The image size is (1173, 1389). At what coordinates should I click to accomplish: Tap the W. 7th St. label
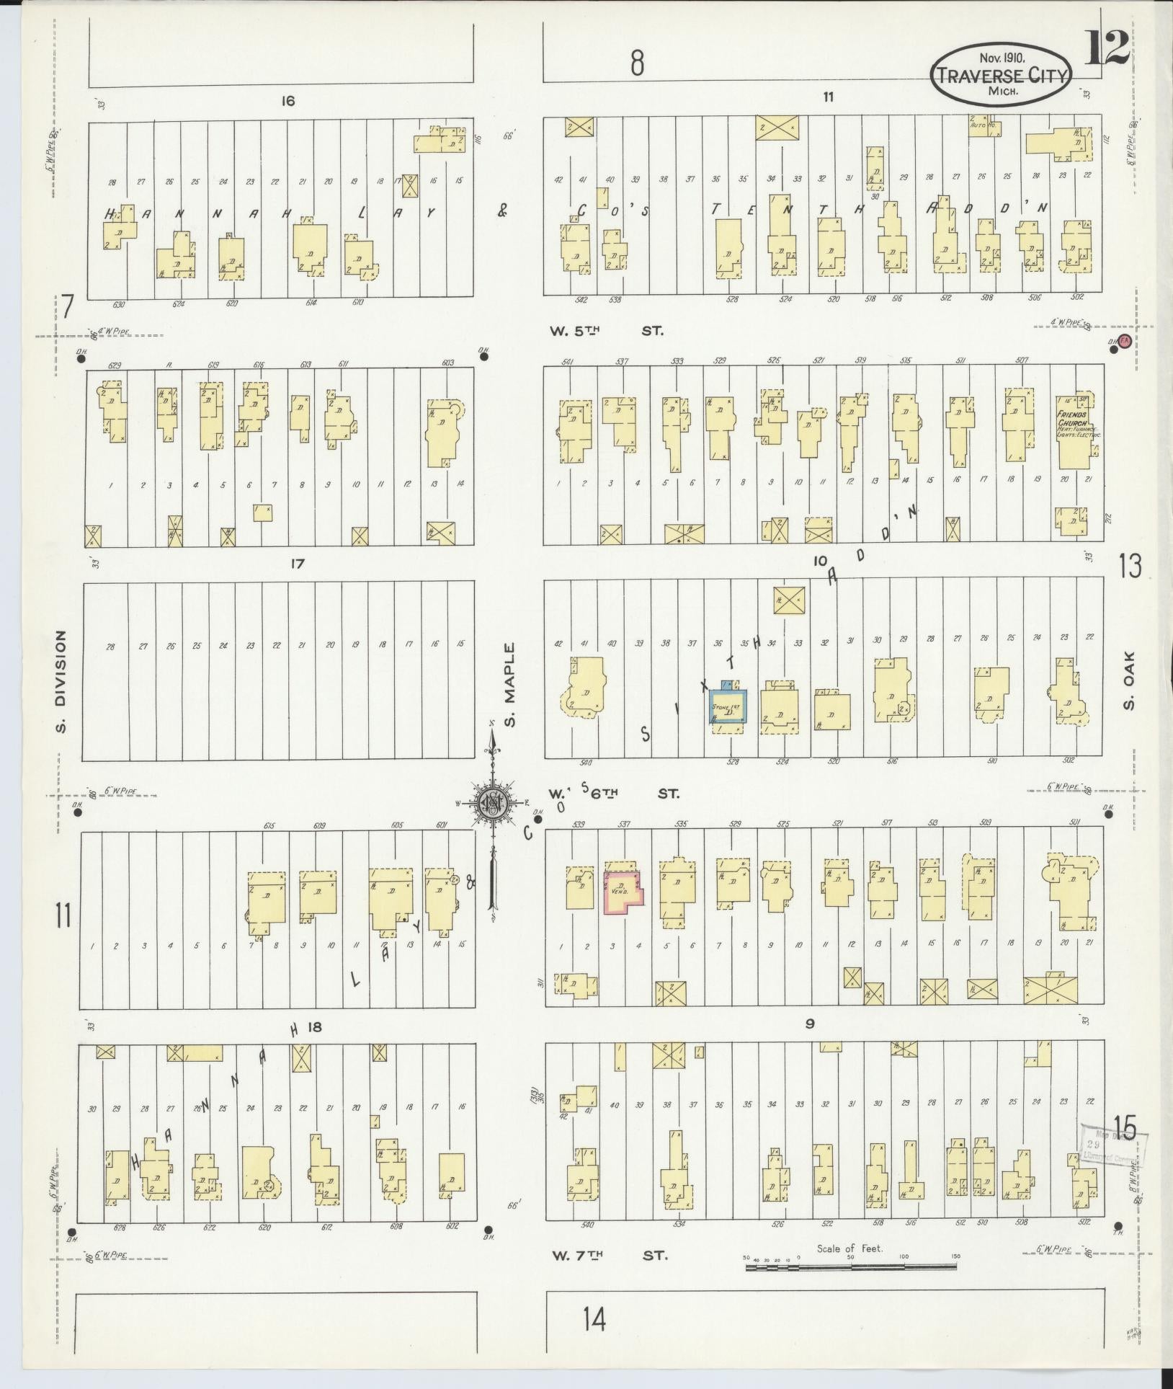[610, 1255]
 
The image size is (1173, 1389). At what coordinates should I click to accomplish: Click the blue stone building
[728, 706]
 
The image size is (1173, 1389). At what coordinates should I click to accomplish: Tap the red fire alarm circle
[1124, 343]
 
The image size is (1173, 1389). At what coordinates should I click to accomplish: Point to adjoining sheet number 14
[594, 1319]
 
